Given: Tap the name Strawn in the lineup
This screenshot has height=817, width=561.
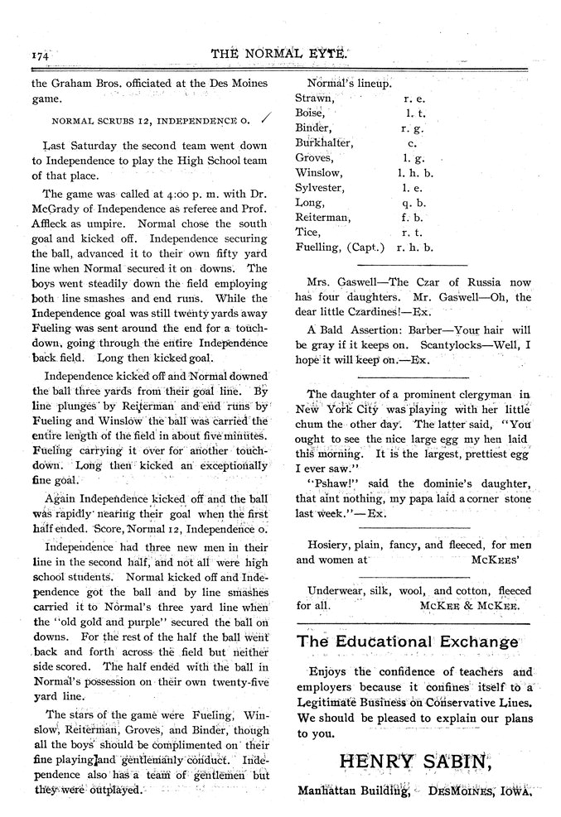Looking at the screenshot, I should (313, 98).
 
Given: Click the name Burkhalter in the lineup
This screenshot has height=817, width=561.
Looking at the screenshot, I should (325, 142).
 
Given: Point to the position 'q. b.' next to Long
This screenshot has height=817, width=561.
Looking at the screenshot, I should (413, 202).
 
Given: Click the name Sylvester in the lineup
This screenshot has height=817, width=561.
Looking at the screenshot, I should (321, 188).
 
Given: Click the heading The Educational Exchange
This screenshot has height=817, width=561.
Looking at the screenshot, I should (407, 642).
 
